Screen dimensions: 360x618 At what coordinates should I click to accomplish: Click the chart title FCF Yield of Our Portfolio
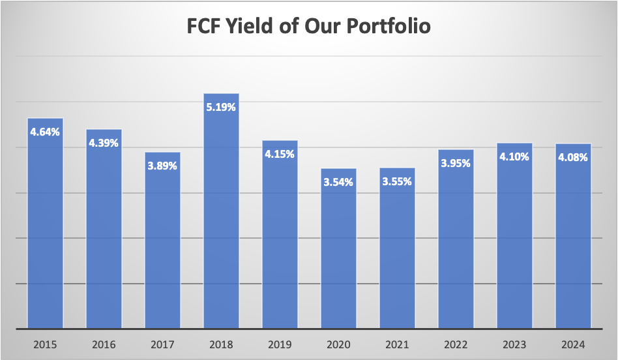pos(309,27)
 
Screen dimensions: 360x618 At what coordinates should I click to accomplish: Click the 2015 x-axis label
pos(45,344)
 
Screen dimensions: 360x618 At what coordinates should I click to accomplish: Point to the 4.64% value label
pos(45,132)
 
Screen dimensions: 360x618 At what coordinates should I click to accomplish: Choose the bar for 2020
pos(338,254)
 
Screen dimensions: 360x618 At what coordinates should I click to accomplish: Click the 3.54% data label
pos(338,182)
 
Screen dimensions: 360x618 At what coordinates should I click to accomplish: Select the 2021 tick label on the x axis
pos(397,344)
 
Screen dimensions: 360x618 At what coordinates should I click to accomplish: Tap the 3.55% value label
pos(397,182)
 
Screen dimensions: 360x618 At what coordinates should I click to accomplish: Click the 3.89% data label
pos(162,166)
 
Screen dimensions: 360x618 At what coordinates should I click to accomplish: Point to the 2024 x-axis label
pos(573,344)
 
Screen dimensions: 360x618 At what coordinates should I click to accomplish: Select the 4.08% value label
pos(573,157)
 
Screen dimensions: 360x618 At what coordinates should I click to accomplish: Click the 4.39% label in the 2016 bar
pos(104,143)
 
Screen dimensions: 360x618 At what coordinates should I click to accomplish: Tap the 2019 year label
pos(280,344)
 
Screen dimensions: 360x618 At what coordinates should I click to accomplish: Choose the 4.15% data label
pos(280,154)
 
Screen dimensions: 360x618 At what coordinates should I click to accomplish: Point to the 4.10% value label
pos(514,157)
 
